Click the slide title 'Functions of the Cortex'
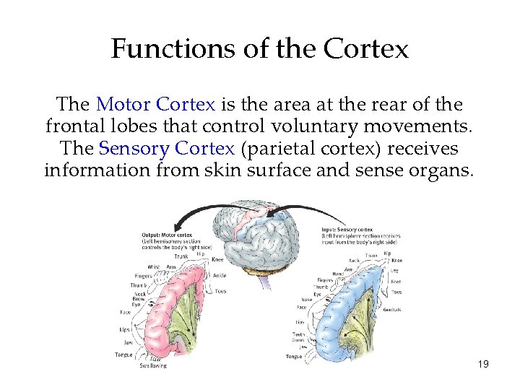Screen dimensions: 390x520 click(x=260, y=49)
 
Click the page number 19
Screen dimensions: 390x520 click(x=483, y=364)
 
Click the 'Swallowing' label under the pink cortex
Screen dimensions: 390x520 click(x=153, y=365)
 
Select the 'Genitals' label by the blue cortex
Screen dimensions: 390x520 click(x=392, y=310)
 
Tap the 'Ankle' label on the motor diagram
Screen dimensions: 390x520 click(x=220, y=274)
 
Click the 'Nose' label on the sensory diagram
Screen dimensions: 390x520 click(x=307, y=298)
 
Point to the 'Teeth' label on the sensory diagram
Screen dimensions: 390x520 click(x=299, y=334)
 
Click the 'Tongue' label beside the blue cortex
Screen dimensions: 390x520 click(x=294, y=356)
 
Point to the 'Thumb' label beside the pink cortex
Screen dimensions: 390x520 click(x=139, y=285)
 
